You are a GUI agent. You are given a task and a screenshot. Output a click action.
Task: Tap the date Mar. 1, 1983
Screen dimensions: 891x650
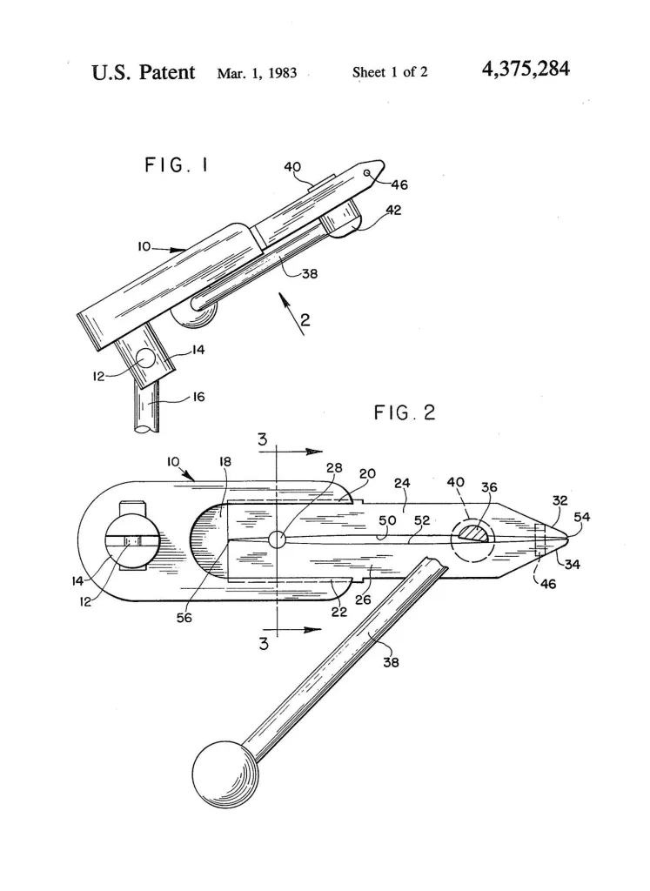click(x=257, y=73)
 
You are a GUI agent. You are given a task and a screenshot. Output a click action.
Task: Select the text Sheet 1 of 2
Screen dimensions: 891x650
click(x=390, y=72)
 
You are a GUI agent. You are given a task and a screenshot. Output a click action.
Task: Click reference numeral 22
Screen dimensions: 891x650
click(x=338, y=613)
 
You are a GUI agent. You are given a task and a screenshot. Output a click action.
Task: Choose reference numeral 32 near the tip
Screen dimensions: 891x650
click(x=560, y=501)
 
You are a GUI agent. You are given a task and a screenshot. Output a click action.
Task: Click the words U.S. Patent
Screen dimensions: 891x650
click(x=144, y=71)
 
